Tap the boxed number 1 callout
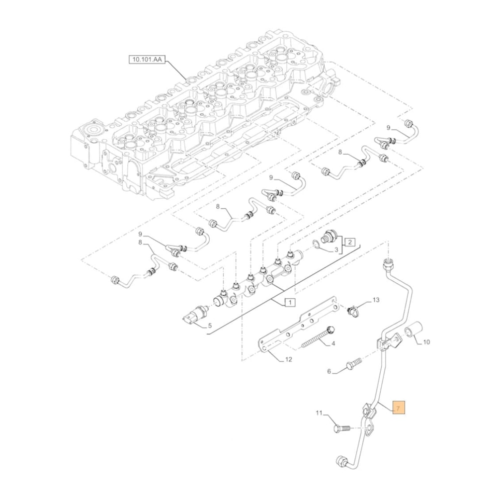(290, 302)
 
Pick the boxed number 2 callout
(350, 242)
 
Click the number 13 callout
(376, 300)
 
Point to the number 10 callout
(426, 342)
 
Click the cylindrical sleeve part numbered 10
(413, 330)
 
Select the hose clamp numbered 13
(353, 312)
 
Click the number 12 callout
(288, 359)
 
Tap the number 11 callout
(320, 413)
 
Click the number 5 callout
(209, 327)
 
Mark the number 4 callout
(333, 343)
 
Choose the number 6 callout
(329, 371)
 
